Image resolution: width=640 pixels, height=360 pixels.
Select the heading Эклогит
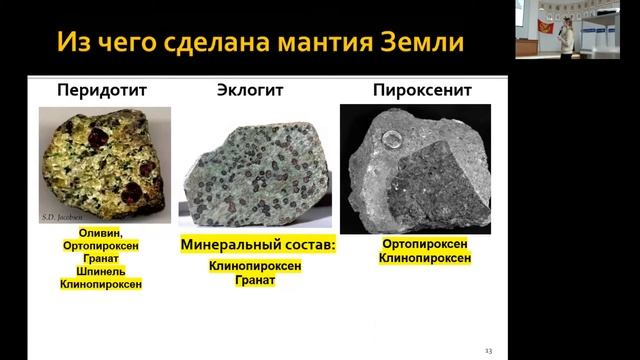[251, 90]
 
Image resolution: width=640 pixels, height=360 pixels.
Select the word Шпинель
[100, 270]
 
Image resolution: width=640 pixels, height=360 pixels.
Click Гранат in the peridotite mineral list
[100, 257]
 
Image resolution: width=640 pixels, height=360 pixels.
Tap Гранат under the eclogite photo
[254, 280]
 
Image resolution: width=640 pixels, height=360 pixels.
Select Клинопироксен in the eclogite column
[254, 266]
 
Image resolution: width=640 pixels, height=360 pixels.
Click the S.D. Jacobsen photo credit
[66, 214]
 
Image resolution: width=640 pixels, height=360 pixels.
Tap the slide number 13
[488, 350]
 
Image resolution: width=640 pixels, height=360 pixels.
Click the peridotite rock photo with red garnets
[104, 163]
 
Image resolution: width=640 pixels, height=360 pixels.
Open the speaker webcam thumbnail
[578, 30]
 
